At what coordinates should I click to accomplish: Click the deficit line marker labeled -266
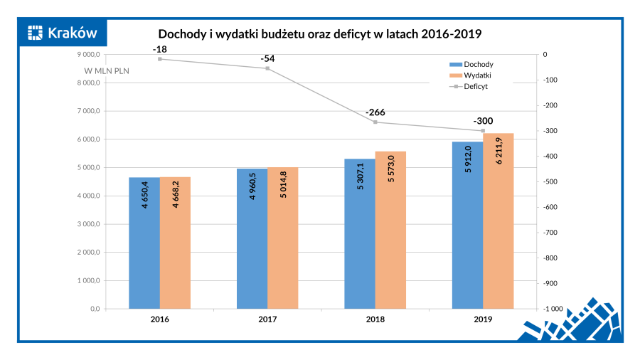coord(375,122)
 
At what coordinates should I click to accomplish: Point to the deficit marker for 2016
coord(160,59)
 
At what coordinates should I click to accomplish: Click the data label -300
coord(483,121)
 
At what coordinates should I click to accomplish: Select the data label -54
coord(268,58)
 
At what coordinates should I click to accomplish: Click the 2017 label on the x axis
coord(267,319)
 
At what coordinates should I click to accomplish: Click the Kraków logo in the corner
coord(63,32)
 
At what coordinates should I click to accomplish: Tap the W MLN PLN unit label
coord(107,71)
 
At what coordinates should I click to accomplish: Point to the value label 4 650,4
coord(145,194)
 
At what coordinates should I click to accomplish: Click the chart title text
coord(319,33)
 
